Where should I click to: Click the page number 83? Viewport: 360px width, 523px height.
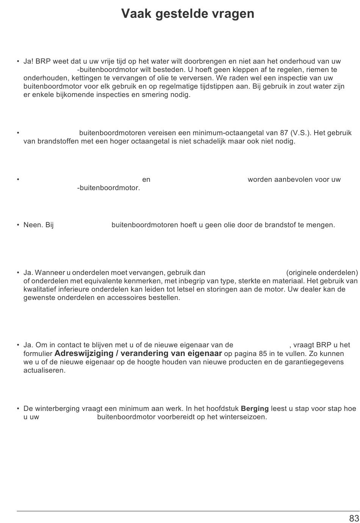pos(354,518)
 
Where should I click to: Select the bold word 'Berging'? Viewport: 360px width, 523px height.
pos(255,409)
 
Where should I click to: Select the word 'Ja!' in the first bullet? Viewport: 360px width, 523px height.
pos(28,61)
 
